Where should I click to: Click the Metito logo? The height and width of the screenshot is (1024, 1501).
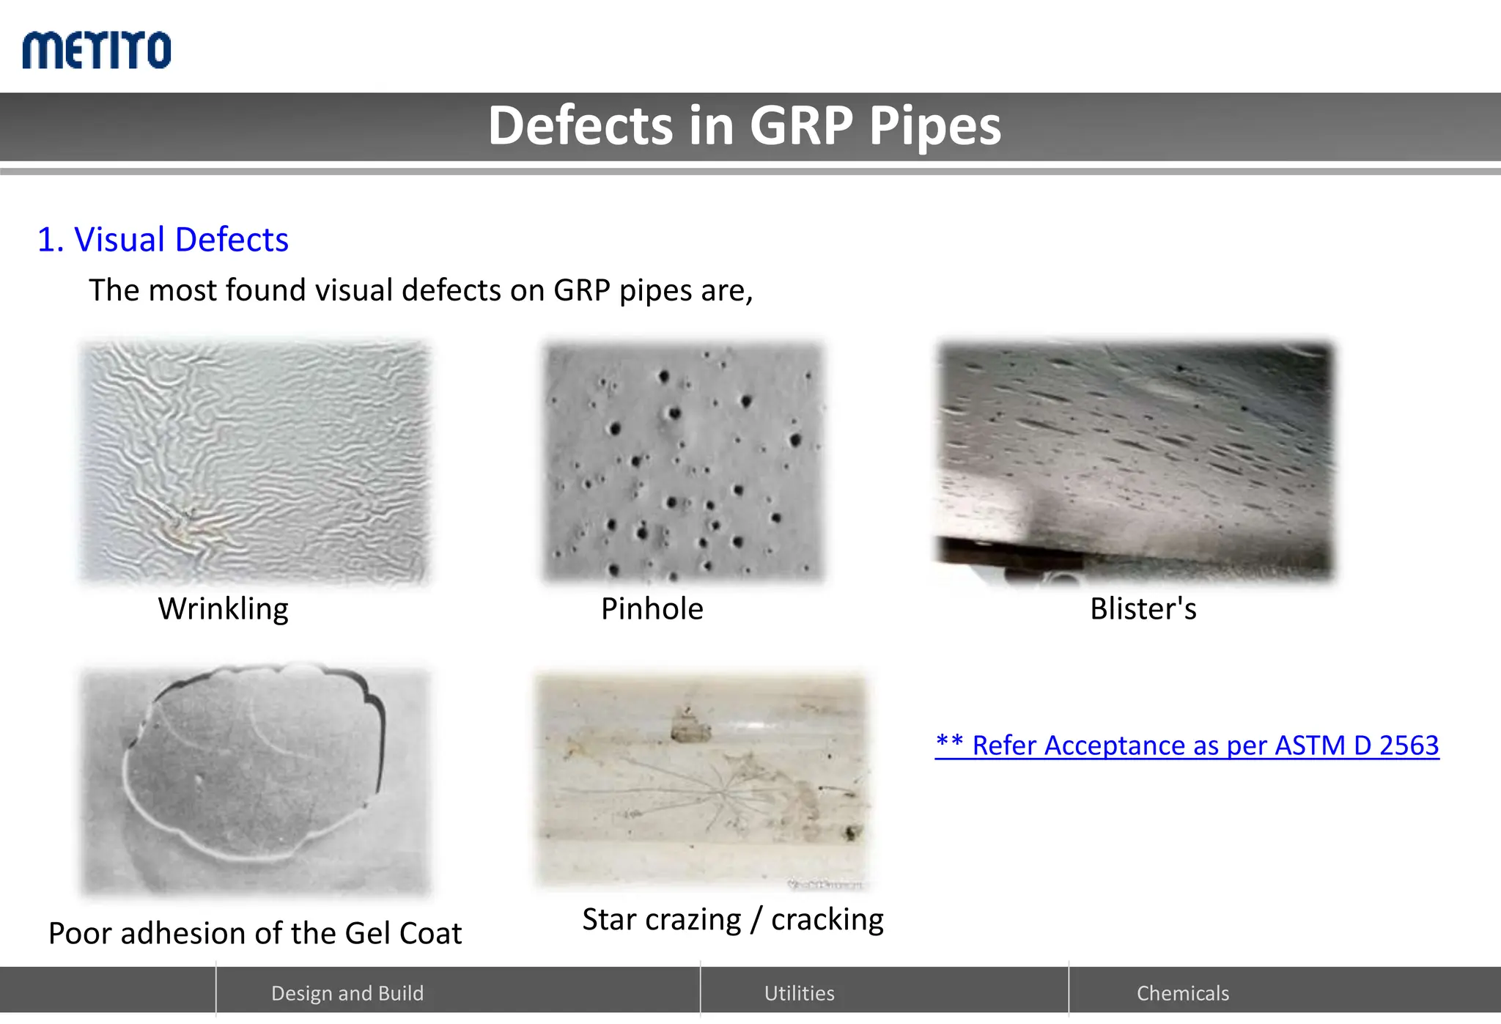[x=97, y=50]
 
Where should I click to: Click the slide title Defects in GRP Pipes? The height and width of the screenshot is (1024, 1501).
[x=744, y=125]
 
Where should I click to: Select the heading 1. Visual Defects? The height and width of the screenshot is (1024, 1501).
[x=163, y=240]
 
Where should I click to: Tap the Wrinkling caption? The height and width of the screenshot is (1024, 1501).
[x=223, y=608]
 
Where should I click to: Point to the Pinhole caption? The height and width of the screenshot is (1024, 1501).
[x=652, y=608]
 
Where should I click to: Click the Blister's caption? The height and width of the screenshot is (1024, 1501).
[x=1143, y=608]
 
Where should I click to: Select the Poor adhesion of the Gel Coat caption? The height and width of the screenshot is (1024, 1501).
[x=255, y=933]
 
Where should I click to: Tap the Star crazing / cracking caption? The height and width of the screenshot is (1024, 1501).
[x=733, y=919]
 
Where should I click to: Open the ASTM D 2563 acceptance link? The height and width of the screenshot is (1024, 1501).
[x=1187, y=745]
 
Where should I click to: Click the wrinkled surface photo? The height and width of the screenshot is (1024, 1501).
[x=254, y=462]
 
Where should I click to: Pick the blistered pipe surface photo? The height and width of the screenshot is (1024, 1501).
[x=1135, y=462]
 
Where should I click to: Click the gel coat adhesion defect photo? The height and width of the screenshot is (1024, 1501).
[x=254, y=781]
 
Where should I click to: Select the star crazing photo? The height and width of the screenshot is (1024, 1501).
[x=701, y=781]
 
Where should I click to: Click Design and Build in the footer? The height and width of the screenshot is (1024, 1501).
[x=347, y=993]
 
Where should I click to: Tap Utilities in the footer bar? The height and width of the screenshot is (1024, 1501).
[x=799, y=993]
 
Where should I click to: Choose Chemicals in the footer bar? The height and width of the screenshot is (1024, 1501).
[x=1182, y=993]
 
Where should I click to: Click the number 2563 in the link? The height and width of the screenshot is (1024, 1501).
[x=1409, y=745]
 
